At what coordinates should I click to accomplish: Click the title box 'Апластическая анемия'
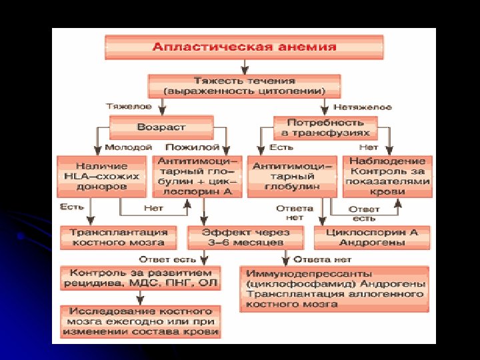pos(244,47)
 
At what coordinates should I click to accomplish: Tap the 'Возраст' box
pos(161,127)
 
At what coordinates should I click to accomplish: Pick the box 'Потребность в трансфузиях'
pos(325,127)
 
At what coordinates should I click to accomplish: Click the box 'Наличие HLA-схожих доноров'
pos(101,177)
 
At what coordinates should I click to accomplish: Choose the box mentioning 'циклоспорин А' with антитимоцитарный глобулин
pos(195,177)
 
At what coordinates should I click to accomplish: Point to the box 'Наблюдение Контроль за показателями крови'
pos(387,177)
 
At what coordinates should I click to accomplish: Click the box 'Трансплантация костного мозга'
pos(118,237)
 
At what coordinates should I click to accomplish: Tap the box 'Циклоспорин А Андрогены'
pos(371,237)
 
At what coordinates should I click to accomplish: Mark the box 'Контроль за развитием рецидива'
pos(140,277)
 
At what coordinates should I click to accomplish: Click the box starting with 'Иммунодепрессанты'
pos(334,289)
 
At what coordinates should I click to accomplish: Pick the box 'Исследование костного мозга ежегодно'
pos(140,321)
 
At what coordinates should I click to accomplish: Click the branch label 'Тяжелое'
pos(129,107)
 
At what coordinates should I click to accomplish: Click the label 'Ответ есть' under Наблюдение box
pos(364,213)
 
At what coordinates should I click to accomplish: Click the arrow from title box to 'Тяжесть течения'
pos(245,66)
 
